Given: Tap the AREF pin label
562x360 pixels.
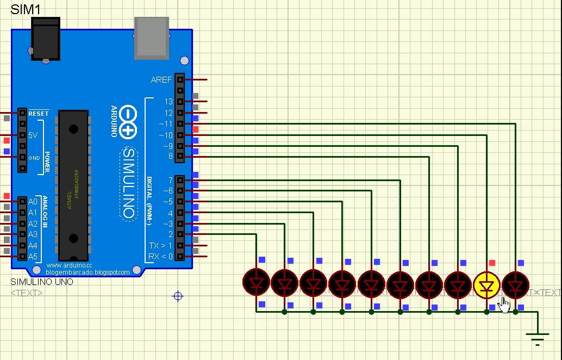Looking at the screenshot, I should (x=161, y=80).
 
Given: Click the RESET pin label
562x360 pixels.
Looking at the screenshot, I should (x=38, y=113).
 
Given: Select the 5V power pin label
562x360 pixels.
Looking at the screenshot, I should (x=33, y=135).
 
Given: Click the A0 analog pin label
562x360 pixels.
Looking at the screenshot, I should (x=33, y=202).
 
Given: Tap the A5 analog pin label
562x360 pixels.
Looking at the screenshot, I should (x=33, y=256).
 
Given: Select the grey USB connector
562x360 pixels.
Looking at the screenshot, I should (x=152, y=37).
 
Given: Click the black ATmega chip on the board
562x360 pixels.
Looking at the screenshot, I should (x=73, y=185).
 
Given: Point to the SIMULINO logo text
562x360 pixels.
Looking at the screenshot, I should (x=129, y=182).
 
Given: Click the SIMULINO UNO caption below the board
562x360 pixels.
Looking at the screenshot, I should (x=42, y=282).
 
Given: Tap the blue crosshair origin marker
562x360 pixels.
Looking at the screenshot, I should (x=178, y=296).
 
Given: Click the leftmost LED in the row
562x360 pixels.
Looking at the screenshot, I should (x=256, y=283).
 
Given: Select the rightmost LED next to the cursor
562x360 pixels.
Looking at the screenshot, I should (x=515, y=283).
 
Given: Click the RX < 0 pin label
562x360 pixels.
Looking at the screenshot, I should (x=160, y=256).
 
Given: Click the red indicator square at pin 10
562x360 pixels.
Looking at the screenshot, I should (x=196, y=129).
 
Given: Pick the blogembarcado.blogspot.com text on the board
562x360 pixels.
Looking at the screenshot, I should (x=88, y=272).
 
